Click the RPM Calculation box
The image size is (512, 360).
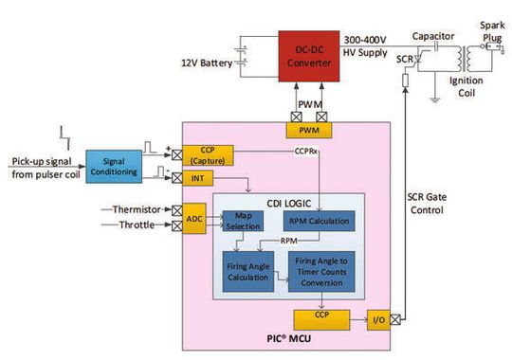[x=316, y=221]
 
